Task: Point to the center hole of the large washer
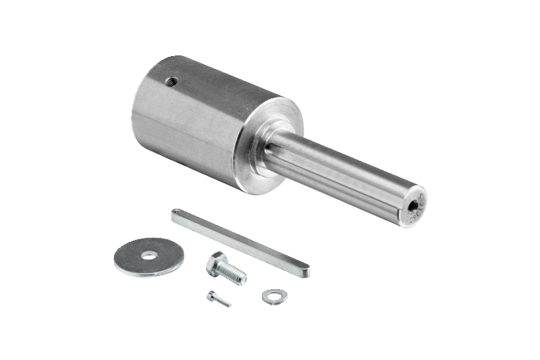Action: (149, 255)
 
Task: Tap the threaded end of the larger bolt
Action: (236, 276)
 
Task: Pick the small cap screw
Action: (219, 299)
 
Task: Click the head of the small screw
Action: (212, 295)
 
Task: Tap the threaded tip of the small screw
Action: (227, 304)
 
